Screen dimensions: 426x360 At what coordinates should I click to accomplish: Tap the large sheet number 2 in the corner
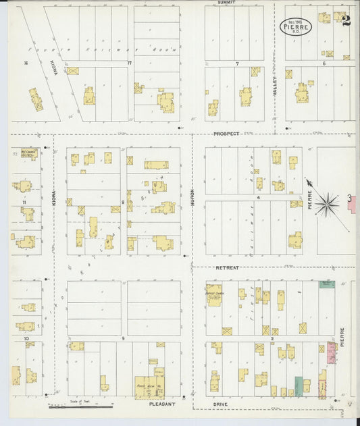pyautogui.click(x=346, y=20)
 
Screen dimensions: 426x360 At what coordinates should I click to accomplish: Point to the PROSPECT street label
pyautogui.click(x=226, y=134)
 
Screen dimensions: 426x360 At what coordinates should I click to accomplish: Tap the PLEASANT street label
pyautogui.click(x=162, y=404)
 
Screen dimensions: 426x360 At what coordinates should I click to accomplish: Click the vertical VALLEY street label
pyautogui.click(x=275, y=88)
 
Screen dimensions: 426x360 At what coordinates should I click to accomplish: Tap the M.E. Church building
pyautogui.click(x=28, y=154)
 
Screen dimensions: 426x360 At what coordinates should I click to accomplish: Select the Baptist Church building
pyautogui.click(x=214, y=295)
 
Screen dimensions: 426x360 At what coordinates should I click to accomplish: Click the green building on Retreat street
pyautogui.click(x=327, y=284)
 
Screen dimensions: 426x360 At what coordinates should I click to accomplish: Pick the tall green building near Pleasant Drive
pyautogui.click(x=298, y=385)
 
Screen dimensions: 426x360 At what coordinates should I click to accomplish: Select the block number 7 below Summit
pyautogui.click(x=237, y=64)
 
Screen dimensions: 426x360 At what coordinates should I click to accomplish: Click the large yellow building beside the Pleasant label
pyautogui.click(x=149, y=387)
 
